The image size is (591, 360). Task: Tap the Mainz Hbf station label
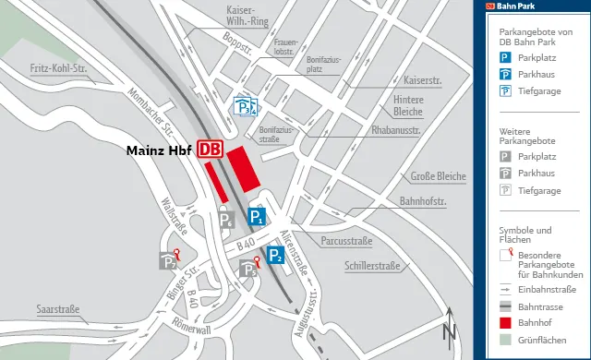[x=158, y=150]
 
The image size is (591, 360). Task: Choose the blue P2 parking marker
[x=275, y=256]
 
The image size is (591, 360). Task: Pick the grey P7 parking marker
[x=167, y=261]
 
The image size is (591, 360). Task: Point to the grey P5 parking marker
[x=247, y=269]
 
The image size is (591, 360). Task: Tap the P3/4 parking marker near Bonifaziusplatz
[x=243, y=108]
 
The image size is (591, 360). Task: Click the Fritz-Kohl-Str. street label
[x=57, y=68]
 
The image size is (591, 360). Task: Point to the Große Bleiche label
[x=438, y=176]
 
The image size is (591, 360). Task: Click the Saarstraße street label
[x=58, y=308]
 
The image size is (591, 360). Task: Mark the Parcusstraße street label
[x=346, y=242]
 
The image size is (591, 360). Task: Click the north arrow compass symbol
[x=449, y=328]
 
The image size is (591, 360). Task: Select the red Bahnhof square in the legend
[x=505, y=323]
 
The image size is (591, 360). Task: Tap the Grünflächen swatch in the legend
[x=505, y=341]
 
